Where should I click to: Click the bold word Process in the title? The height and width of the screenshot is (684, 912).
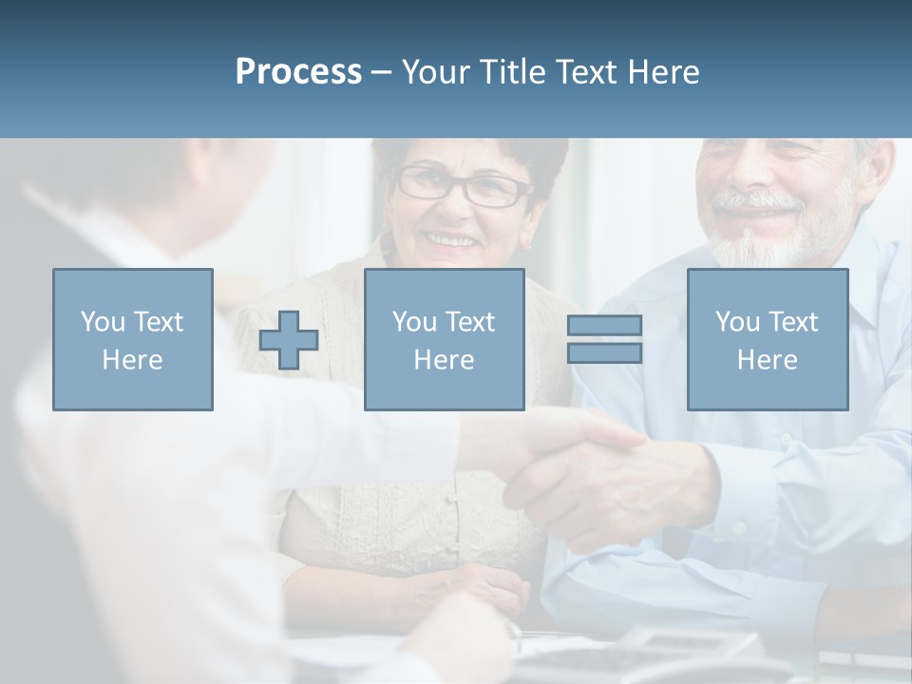(x=298, y=72)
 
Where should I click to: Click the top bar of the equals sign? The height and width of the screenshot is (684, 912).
(x=604, y=326)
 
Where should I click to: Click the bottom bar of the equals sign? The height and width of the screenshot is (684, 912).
(x=604, y=353)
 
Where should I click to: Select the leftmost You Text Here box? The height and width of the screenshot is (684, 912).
(x=133, y=339)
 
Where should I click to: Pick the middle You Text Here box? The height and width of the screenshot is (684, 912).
(x=444, y=339)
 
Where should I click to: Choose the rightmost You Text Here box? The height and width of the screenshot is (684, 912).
(x=768, y=339)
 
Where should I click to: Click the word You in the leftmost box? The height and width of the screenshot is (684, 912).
(x=102, y=321)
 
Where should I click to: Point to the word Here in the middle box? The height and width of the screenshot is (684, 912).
(x=444, y=360)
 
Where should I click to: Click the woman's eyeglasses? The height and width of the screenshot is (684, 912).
(x=465, y=187)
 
